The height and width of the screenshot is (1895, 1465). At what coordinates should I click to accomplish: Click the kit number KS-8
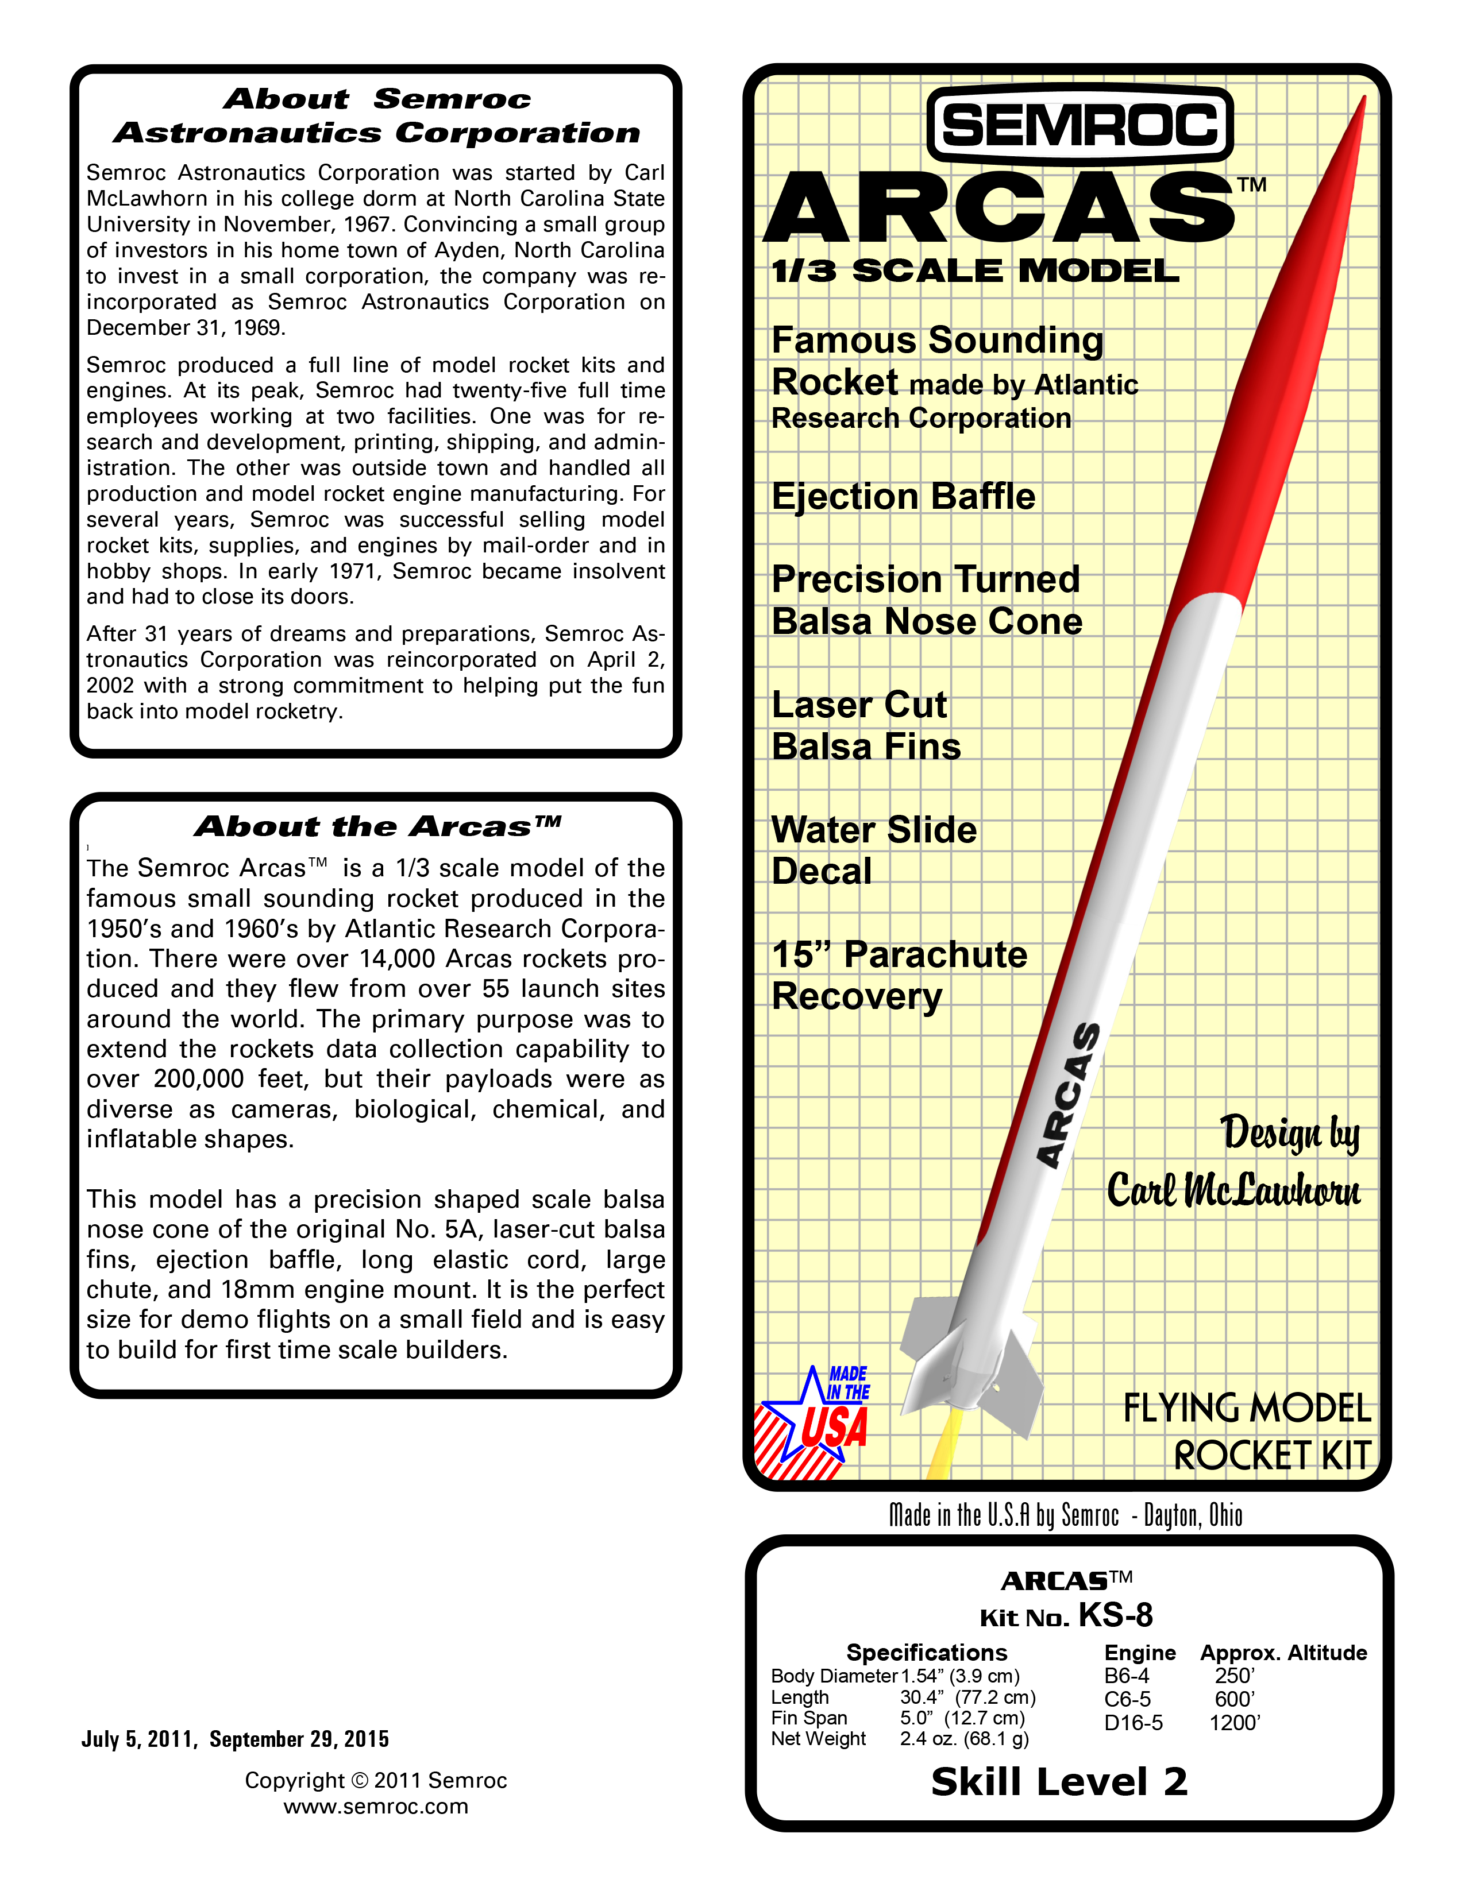tap(1115, 1615)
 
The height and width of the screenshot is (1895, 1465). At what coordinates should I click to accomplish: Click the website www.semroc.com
tap(376, 1807)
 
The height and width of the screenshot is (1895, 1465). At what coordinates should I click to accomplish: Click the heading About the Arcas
tap(377, 826)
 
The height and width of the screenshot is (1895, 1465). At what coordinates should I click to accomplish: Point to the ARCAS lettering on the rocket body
tap(1069, 1095)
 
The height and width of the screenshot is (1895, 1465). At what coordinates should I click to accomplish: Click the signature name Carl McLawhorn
tap(1233, 1190)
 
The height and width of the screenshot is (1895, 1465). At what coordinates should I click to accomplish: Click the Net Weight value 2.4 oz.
tap(964, 1739)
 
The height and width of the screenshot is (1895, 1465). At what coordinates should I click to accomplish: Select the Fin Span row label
tap(809, 1718)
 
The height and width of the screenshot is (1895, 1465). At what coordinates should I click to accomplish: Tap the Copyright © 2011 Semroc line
tap(376, 1781)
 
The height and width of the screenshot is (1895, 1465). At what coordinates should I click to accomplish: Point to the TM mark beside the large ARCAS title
tap(1251, 185)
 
